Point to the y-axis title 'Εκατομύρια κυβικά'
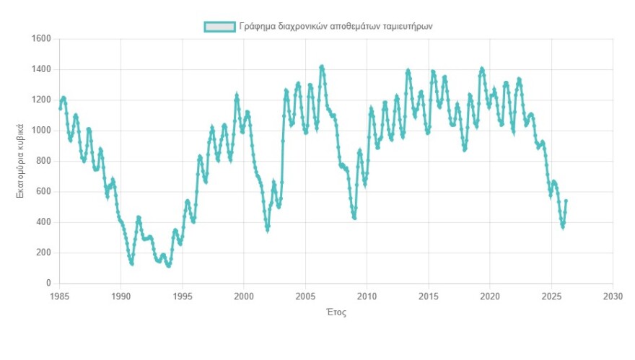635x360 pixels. tap(21, 161)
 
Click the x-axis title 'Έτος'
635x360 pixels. tap(336, 312)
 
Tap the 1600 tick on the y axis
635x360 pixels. tap(40, 39)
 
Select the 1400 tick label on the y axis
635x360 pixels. tap(40, 70)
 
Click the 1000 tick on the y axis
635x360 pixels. tap(40, 131)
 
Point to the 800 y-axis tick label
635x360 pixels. tap(43, 162)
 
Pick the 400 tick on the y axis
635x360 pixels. tap(43, 222)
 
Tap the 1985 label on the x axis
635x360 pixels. tap(59, 297)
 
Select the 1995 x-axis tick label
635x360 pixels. tap(183, 297)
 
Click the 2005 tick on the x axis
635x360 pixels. tap(306, 297)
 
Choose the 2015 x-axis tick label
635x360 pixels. tap(429, 297)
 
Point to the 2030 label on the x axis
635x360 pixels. tap(613, 297)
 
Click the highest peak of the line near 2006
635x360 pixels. tap(322, 67)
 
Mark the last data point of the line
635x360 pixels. tap(566, 201)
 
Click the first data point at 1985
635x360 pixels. tap(60, 108)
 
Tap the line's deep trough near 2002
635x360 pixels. tap(267, 231)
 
